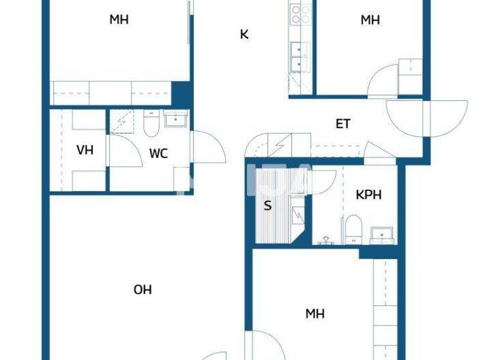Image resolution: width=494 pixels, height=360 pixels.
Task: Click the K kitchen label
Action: (244, 34)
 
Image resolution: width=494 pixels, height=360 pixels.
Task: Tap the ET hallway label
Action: (343, 123)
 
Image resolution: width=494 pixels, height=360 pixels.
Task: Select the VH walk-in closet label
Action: (85, 150)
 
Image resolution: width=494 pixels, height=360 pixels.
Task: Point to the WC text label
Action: (159, 153)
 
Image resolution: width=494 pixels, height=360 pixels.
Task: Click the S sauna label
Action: (268, 206)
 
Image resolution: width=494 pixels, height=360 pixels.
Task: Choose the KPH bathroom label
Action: (369, 195)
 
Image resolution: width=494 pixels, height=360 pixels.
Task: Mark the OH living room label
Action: (142, 290)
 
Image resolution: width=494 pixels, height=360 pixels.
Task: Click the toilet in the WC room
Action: (152, 124)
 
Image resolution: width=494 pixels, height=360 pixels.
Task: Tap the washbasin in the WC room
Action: (175, 119)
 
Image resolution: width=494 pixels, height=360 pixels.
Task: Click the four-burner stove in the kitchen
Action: (299, 14)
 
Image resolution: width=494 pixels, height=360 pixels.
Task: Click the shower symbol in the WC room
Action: (121, 122)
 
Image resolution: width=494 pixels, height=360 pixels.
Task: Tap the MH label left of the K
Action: (118, 19)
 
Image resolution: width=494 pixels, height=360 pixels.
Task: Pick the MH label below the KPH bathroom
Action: (315, 314)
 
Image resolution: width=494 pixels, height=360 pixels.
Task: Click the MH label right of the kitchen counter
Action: (370, 20)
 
